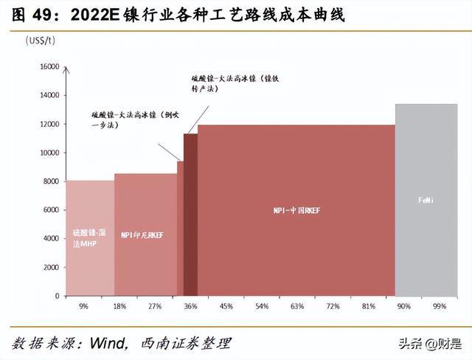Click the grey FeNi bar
pos(426,199)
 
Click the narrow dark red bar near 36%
pos(190,214)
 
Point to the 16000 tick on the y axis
pos(49,66)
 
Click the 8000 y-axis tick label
pos(51,181)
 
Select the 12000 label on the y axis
pos(49,124)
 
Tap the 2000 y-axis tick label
pos(51,267)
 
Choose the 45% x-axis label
pos(226,305)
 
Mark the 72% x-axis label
pos(333,305)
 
